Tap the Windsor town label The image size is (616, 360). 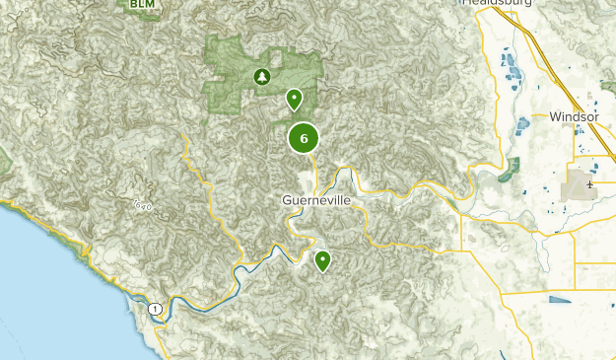coord(574,116)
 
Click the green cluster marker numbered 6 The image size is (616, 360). coord(304,138)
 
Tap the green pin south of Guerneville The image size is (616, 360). coord(322,260)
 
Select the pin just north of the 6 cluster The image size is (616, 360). coord(294,99)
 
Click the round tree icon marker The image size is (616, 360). coord(262,76)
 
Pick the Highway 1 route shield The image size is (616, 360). coord(155,309)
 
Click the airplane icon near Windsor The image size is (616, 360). coord(589,183)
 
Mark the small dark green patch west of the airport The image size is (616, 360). coord(509,171)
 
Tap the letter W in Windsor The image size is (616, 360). coord(554,116)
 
